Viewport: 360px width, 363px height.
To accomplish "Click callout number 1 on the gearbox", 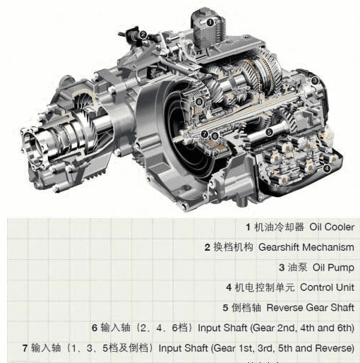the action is (210, 23).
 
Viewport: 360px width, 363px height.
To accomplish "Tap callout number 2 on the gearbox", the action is (143, 35).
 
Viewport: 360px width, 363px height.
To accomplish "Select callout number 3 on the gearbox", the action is (315, 81).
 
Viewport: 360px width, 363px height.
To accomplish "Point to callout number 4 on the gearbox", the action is (326, 168).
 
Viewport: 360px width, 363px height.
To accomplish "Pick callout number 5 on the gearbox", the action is (269, 132).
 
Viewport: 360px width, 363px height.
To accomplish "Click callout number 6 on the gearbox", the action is (215, 136).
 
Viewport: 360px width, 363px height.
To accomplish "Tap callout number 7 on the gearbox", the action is (205, 134).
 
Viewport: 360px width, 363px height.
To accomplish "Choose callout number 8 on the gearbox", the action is (199, 102).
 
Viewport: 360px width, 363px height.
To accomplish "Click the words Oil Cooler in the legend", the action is (332, 227).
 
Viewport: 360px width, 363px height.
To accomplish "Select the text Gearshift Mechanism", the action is (306, 247).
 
